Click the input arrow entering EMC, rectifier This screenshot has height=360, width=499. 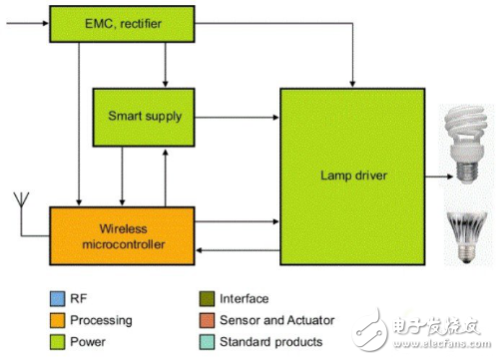pos(25,22)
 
